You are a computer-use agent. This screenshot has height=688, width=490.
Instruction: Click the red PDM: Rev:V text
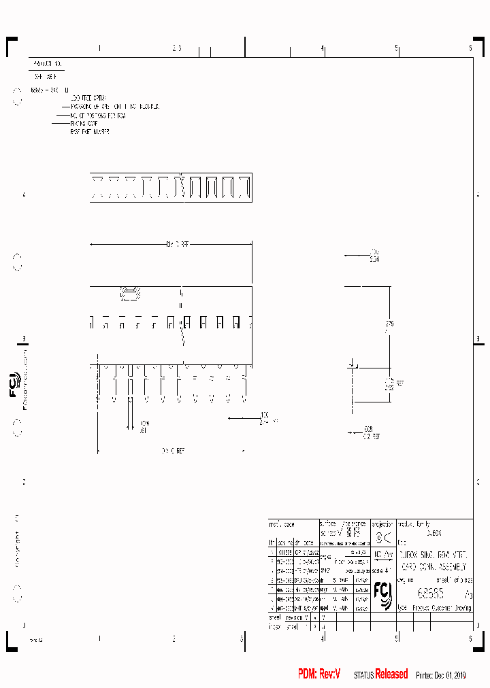(318, 674)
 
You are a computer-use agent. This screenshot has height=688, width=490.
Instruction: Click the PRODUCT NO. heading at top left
(48, 63)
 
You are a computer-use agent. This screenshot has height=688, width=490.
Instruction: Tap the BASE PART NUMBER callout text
(90, 131)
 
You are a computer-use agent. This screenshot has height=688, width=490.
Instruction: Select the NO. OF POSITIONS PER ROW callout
(98, 115)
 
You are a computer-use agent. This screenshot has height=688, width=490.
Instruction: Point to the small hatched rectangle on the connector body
(129, 294)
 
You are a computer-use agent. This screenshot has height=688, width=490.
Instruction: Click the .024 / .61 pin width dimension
(144, 426)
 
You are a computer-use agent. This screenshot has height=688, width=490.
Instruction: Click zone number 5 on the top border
(397, 48)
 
